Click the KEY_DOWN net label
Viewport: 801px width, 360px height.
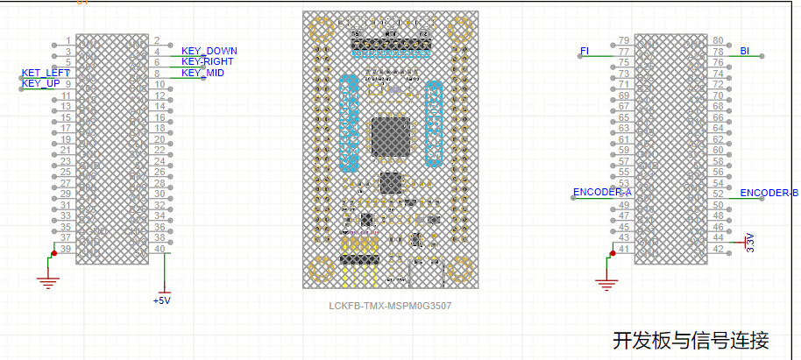209,51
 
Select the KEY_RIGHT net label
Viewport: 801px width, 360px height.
209,61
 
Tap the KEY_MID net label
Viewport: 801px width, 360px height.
202,73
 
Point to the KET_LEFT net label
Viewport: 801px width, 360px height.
46,73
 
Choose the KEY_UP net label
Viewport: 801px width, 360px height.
41,83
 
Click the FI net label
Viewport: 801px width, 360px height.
585,51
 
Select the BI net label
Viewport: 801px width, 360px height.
744,51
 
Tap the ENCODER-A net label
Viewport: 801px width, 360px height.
602,192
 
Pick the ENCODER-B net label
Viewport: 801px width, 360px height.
769,193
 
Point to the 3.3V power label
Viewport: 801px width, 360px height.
750,243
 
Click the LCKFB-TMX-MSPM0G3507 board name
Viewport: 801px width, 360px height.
390,306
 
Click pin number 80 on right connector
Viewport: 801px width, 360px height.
718,40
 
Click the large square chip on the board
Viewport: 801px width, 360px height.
391,138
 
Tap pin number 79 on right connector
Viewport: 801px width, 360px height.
624,40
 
